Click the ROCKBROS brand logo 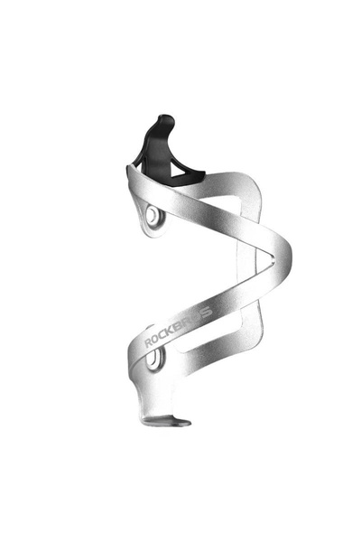coord(178,326)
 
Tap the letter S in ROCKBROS coord(207,313)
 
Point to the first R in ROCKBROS coord(149,342)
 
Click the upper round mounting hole coord(152,215)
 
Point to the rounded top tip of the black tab coord(166,117)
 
